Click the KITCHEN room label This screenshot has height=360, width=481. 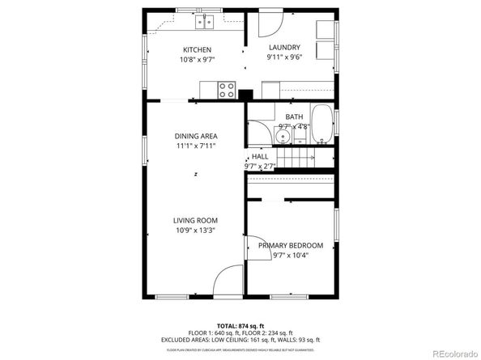(197, 49)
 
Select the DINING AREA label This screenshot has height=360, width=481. (196, 136)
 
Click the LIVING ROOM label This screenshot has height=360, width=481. (196, 220)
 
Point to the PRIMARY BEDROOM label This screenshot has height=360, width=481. (291, 245)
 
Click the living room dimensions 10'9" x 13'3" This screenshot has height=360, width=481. (196, 230)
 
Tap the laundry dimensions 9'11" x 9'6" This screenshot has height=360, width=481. (284, 57)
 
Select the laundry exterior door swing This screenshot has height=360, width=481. (270, 24)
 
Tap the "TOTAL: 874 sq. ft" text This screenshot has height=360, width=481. (240, 324)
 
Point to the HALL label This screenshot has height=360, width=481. (260, 157)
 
